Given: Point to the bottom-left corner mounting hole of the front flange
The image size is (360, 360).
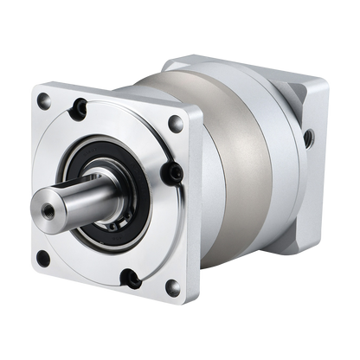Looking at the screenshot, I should click(x=42, y=257).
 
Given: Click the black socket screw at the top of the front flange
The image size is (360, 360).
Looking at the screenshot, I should click(x=81, y=107).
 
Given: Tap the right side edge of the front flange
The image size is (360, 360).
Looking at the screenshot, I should click(x=197, y=208).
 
